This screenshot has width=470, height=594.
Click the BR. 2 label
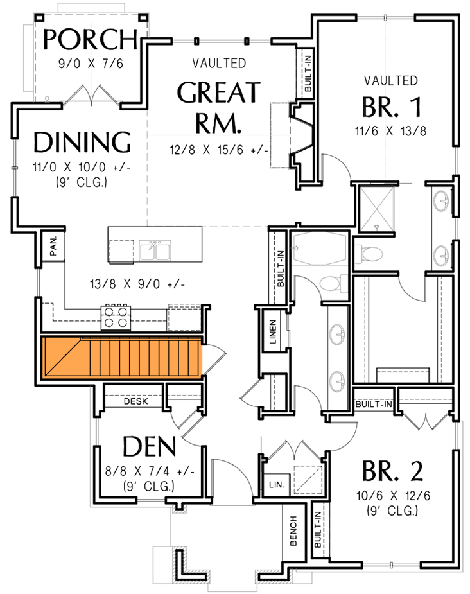pos(392,472)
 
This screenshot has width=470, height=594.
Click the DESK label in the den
pos(135,401)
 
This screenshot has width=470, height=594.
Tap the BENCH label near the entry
pos(293,531)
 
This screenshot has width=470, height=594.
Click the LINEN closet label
pos(272,331)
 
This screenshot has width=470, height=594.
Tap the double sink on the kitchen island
pos(155,250)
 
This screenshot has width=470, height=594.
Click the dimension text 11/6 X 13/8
pos(391,132)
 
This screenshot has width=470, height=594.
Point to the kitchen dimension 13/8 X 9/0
pos(134,283)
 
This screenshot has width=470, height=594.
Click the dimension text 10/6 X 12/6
pos(391,496)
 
